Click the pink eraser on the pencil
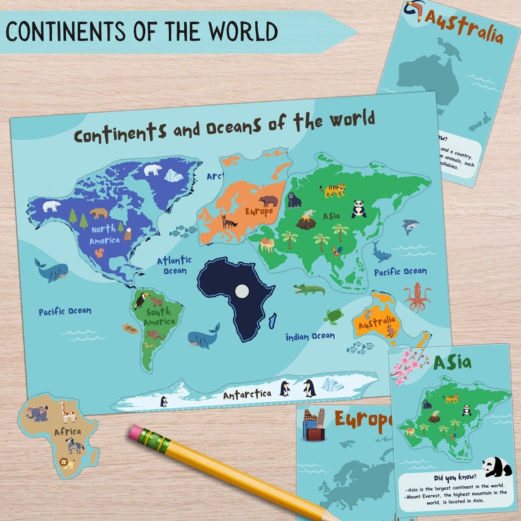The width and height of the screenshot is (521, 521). click(x=139, y=434)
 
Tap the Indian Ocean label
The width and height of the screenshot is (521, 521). click(x=311, y=337)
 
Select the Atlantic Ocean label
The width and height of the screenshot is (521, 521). click(x=173, y=266)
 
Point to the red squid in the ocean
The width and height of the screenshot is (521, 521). click(x=417, y=297)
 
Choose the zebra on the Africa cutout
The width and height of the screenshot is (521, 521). click(x=74, y=445)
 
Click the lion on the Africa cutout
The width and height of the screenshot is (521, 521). click(x=66, y=463)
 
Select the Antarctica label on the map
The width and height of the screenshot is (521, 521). click(x=247, y=395)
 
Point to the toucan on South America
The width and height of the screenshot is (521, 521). click(x=141, y=300)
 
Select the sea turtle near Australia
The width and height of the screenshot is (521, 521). click(x=335, y=317)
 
